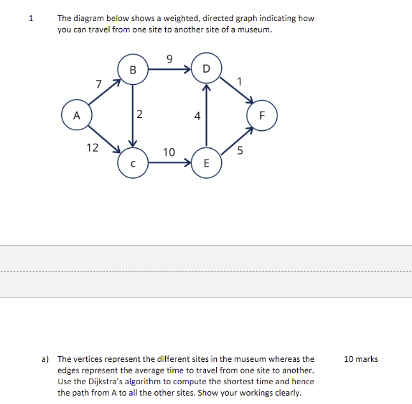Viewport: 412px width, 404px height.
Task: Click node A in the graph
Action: point(77,116)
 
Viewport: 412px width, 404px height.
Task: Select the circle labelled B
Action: point(133,69)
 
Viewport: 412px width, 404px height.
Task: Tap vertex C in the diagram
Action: point(133,163)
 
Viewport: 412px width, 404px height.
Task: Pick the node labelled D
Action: point(205,68)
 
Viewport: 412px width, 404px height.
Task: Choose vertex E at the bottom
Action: point(205,163)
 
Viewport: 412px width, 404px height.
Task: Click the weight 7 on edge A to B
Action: point(98,84)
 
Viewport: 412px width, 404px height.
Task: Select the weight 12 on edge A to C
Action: point(92,147)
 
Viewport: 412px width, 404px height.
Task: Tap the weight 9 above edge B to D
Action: point(168,59)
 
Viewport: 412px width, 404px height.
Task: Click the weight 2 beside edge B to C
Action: point(140,116)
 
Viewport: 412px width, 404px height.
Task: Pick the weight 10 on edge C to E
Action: point(168,152)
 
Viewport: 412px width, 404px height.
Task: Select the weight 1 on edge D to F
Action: point(239,80)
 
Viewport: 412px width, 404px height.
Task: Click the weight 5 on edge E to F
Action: point(240,151)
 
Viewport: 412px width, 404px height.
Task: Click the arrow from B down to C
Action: point(133,121)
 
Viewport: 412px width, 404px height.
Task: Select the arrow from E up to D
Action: point(205,112)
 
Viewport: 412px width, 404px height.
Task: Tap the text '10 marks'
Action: point(360,359)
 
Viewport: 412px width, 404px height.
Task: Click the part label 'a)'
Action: point(46,359)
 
